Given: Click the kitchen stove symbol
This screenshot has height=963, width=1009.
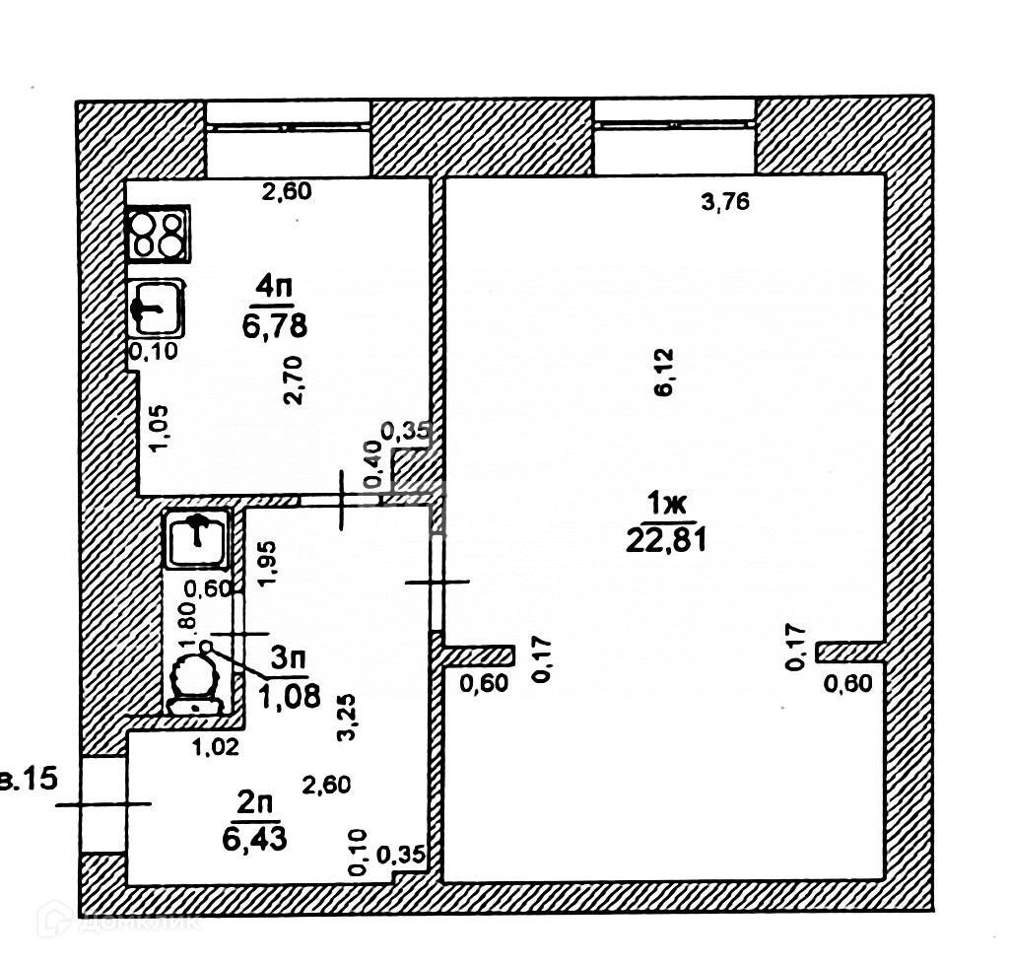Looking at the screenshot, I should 158,234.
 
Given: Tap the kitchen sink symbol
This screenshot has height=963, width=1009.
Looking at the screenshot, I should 155,308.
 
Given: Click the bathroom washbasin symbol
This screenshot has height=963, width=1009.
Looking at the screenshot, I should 197,538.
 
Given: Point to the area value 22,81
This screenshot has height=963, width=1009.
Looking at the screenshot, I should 666,540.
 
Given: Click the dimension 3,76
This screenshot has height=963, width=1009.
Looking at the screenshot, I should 725,203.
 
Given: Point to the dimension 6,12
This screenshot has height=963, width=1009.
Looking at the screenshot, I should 663,372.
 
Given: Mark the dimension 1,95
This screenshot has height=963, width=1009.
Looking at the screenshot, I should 267,564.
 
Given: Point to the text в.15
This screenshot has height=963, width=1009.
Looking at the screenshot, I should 30,781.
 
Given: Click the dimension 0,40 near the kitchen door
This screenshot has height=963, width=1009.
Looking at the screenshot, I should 372,465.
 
